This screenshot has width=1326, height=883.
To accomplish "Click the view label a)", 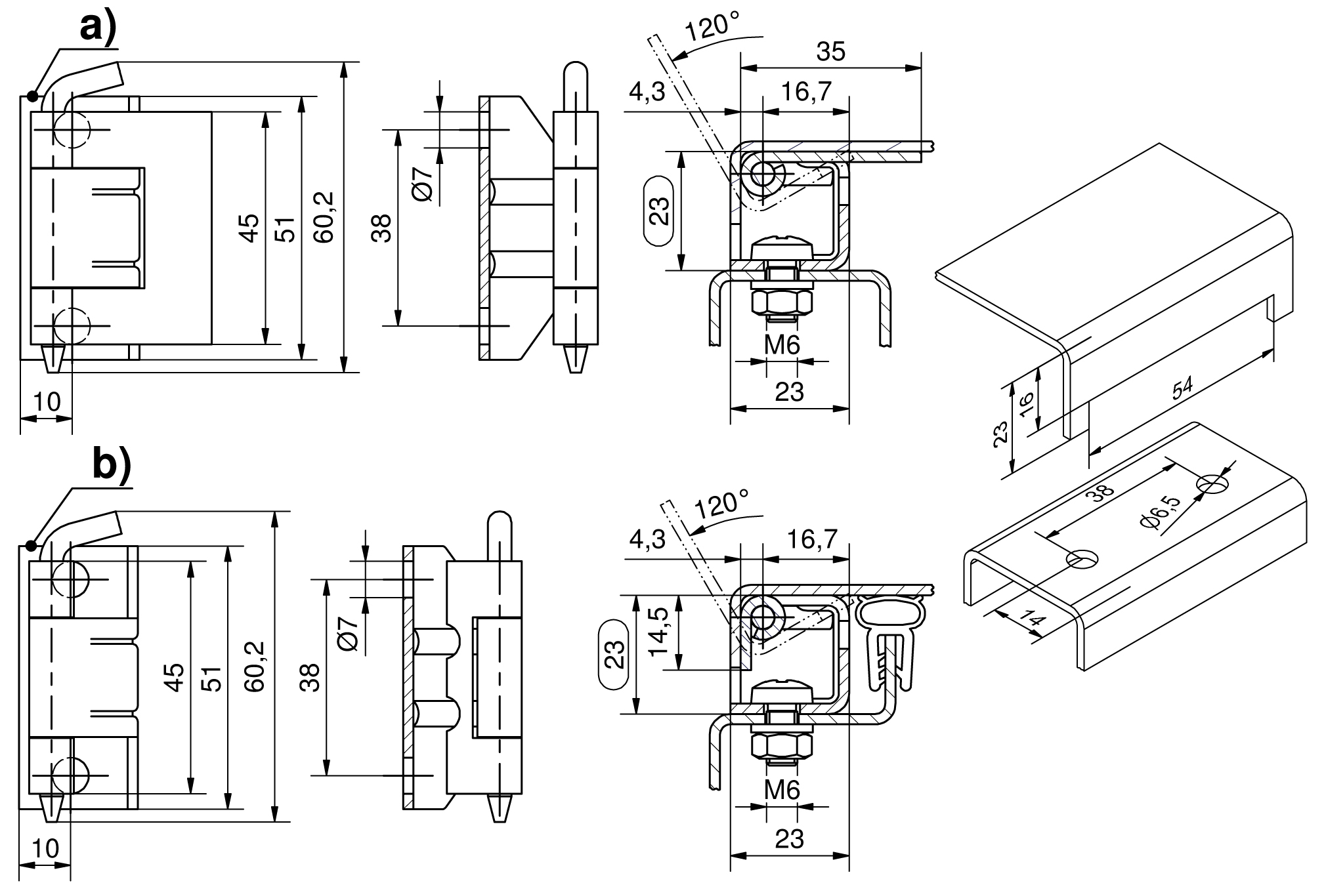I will pos(98,28).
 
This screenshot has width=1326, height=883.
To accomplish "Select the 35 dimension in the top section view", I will pos(830,51).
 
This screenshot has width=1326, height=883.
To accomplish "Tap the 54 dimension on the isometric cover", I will pos(1182,389).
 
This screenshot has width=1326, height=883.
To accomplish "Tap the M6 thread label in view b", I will pos(782,791).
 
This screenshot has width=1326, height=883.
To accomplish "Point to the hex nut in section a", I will pos(782,303).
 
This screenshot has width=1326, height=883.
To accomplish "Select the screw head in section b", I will pos(782,691).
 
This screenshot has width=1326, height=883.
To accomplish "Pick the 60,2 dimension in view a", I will pos(324,217).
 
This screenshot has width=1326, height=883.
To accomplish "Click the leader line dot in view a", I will pos(32,96).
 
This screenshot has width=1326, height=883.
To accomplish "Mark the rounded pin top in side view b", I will pos(500,522).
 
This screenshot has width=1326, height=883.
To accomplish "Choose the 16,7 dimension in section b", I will pos(811,539).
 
